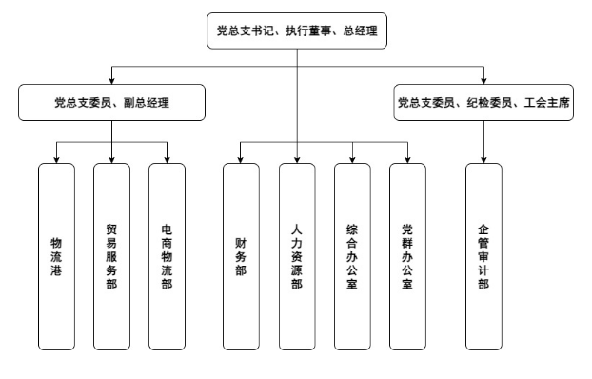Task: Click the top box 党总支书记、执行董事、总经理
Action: [x=297, y=31]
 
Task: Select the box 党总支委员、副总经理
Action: [x=111, y=102]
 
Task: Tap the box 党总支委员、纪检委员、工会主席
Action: [x=483, y=102]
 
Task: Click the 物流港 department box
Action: [x=56, y=256]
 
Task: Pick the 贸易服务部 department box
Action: [x=111, y=256]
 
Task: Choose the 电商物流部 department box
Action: [x=168, y=256]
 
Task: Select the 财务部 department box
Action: [x=241, y=256]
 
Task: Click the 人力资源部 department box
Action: [x=297, y=256]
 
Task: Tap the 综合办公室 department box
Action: [x=353, y=256]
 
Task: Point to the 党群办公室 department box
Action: [x=408, y=256]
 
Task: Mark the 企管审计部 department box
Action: [x=483, y=256]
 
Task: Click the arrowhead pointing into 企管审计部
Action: [x=483, y=158]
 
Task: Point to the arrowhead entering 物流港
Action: [x=56, y=158]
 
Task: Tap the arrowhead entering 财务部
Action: [x=241, y=158]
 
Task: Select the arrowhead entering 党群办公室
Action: [x=408, y=158]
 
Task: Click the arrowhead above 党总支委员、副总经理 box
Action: [x=111, y=79]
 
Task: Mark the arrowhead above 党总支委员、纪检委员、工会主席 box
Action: [x=483, y=79]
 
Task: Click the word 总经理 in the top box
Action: [x=362, y=31]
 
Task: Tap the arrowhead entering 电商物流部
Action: [x=168, y=158]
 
